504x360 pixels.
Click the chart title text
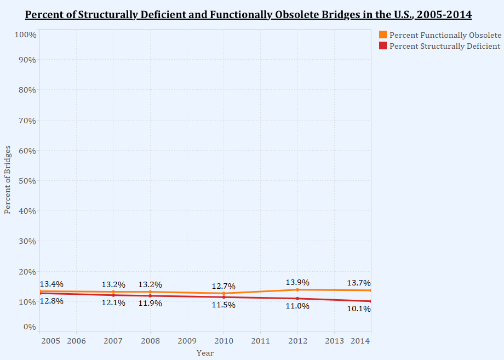click(x=248, y=14)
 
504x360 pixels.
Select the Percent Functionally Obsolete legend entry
click(x=445, y=35)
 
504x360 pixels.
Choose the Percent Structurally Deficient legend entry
click(x=444, y=46)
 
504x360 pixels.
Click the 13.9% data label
click(x=297, y=283)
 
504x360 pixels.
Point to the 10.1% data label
click(x=359, y=308)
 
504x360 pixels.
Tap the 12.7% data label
click(x=224, y=286)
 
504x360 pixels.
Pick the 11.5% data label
click(x=224, y=305)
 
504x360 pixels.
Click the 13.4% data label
click(x=51, y=284)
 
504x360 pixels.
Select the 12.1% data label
click(x=113, y=302)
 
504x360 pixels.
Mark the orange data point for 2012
click(x=297, y=289)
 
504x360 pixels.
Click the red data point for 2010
click(x=224, y=297)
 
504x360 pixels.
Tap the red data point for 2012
click(x=297, y=299)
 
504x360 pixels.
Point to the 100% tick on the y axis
click(x=25, y=35)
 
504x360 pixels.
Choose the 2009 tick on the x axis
click(x=187, y=341)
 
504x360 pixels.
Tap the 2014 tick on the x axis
click(x=360, y=341)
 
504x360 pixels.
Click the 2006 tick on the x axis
click(x=76, y=341)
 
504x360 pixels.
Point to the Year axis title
click(x=205, y=353)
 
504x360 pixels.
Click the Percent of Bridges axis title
click(x=8, y=180)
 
